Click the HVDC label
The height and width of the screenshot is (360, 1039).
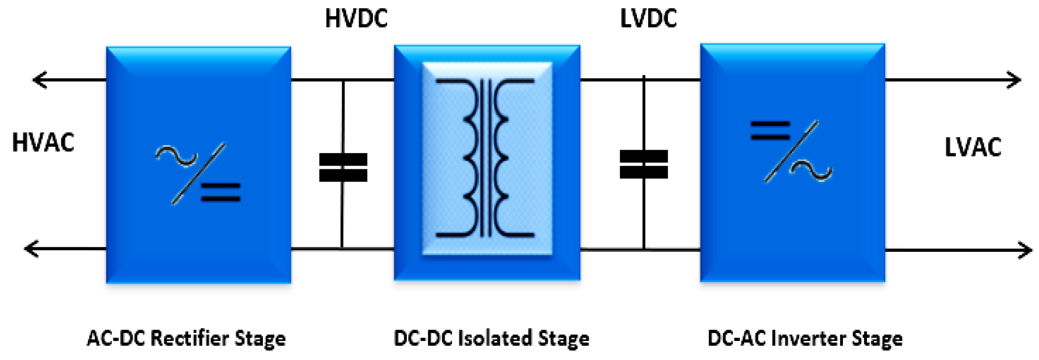(x=356, y=19)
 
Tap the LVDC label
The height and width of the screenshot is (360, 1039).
(x=648, y=19)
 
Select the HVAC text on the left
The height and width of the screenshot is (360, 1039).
(x=43, y=143)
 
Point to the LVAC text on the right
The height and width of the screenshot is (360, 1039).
(x=973, y=147)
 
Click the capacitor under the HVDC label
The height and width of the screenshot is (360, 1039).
(x=343, y=168)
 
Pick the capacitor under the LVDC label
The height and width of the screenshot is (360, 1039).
(x=643, y=164)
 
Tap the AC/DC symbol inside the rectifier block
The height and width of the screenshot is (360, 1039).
(x=198, y=174)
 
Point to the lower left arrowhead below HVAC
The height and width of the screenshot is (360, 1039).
(x=31, y=249)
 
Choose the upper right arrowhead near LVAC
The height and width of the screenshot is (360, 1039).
(x=1014, y=80)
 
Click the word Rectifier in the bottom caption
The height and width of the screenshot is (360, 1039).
(x=189, y=338)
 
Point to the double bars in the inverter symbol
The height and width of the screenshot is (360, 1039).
(x=770, y=131)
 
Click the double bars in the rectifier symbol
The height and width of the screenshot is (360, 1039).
(x=221, y=192)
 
